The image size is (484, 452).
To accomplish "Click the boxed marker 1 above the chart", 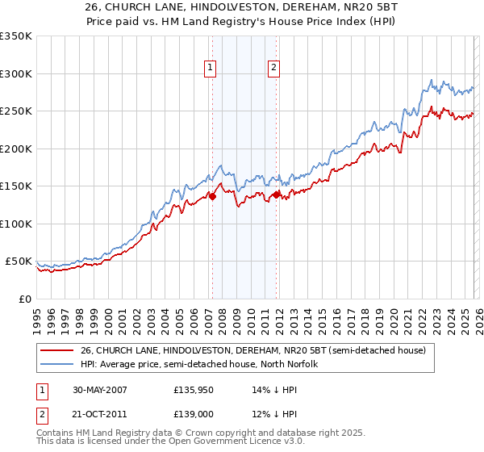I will [x=210, y=69].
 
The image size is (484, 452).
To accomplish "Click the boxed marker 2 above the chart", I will [x=273, y=69].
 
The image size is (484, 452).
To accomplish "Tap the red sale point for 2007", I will [x=213, y=195].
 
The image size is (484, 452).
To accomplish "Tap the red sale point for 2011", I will [x=276, y=195].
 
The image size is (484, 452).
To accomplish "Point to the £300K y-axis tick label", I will [x=15, y=73].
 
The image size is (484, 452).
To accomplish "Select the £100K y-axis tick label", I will [x=15, y=224].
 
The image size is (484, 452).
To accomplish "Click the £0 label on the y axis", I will [x=24, y=299].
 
